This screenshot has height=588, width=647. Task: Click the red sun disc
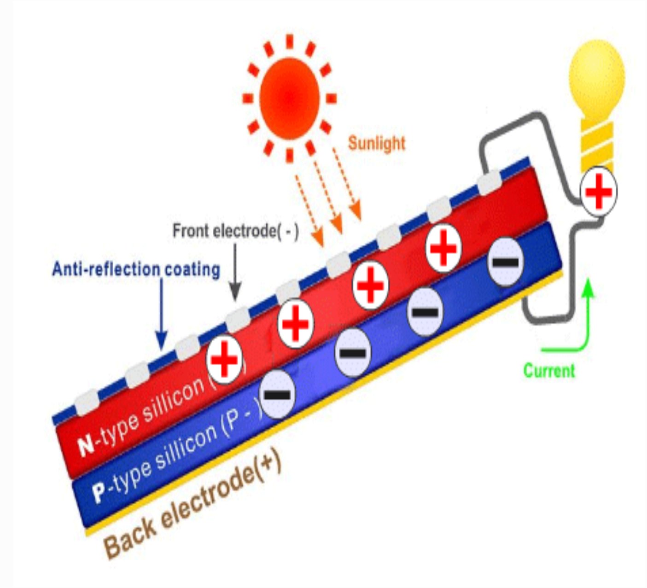289,98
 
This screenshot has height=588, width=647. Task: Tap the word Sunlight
376,143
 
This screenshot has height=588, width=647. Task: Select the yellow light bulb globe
597,76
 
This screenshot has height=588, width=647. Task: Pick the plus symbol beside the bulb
598,192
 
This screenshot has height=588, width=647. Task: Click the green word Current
549,371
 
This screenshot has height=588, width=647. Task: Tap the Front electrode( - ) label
235,231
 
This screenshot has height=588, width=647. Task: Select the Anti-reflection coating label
136,269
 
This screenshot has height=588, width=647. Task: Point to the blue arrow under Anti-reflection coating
161,313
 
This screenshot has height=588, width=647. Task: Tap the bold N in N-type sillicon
86,446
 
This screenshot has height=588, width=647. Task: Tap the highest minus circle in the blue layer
505,262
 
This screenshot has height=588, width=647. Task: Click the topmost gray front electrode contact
489,184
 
